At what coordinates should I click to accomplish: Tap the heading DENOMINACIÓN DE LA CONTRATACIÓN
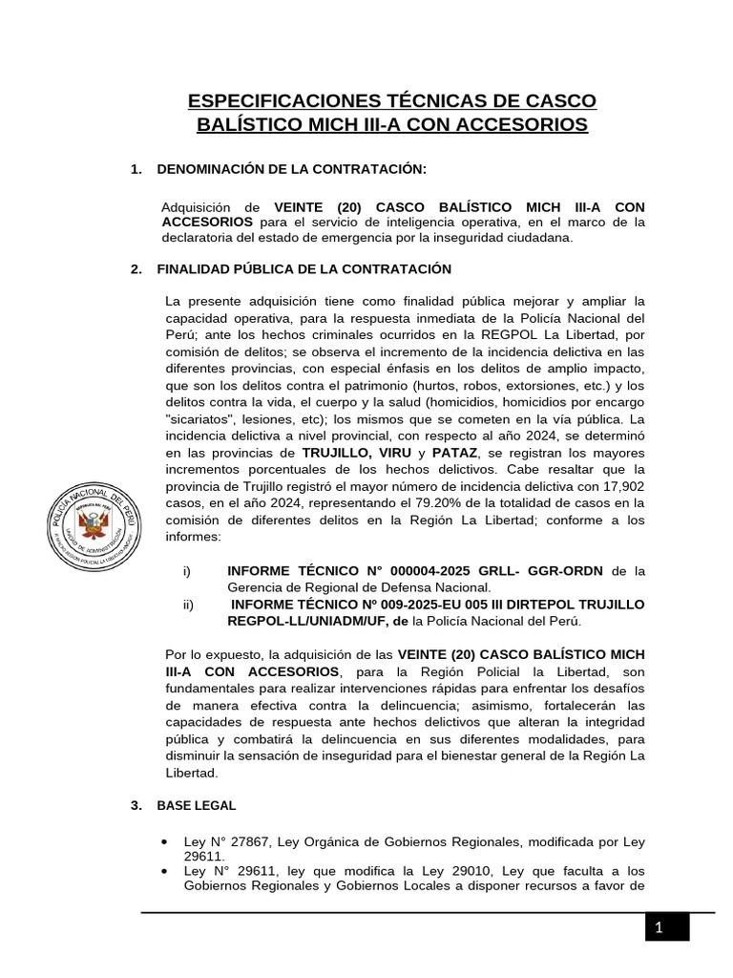tap(291, 169)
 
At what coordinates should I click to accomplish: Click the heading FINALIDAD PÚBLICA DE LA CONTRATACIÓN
tap(304, 269)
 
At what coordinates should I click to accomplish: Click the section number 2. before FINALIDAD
tap(136, 269)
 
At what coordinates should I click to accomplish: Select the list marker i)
tap(187, 571)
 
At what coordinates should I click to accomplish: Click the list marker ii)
tap(188, 605)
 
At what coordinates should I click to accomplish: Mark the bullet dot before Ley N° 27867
tap(167, 841)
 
